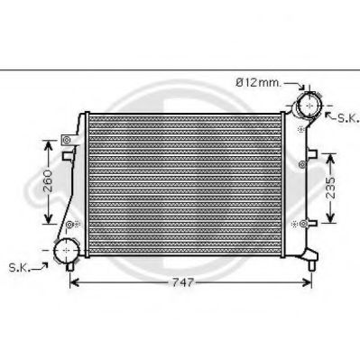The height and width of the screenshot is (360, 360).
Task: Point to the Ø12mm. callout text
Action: [257, 82]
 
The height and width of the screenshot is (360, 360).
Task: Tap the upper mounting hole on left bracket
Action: [65, 140]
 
